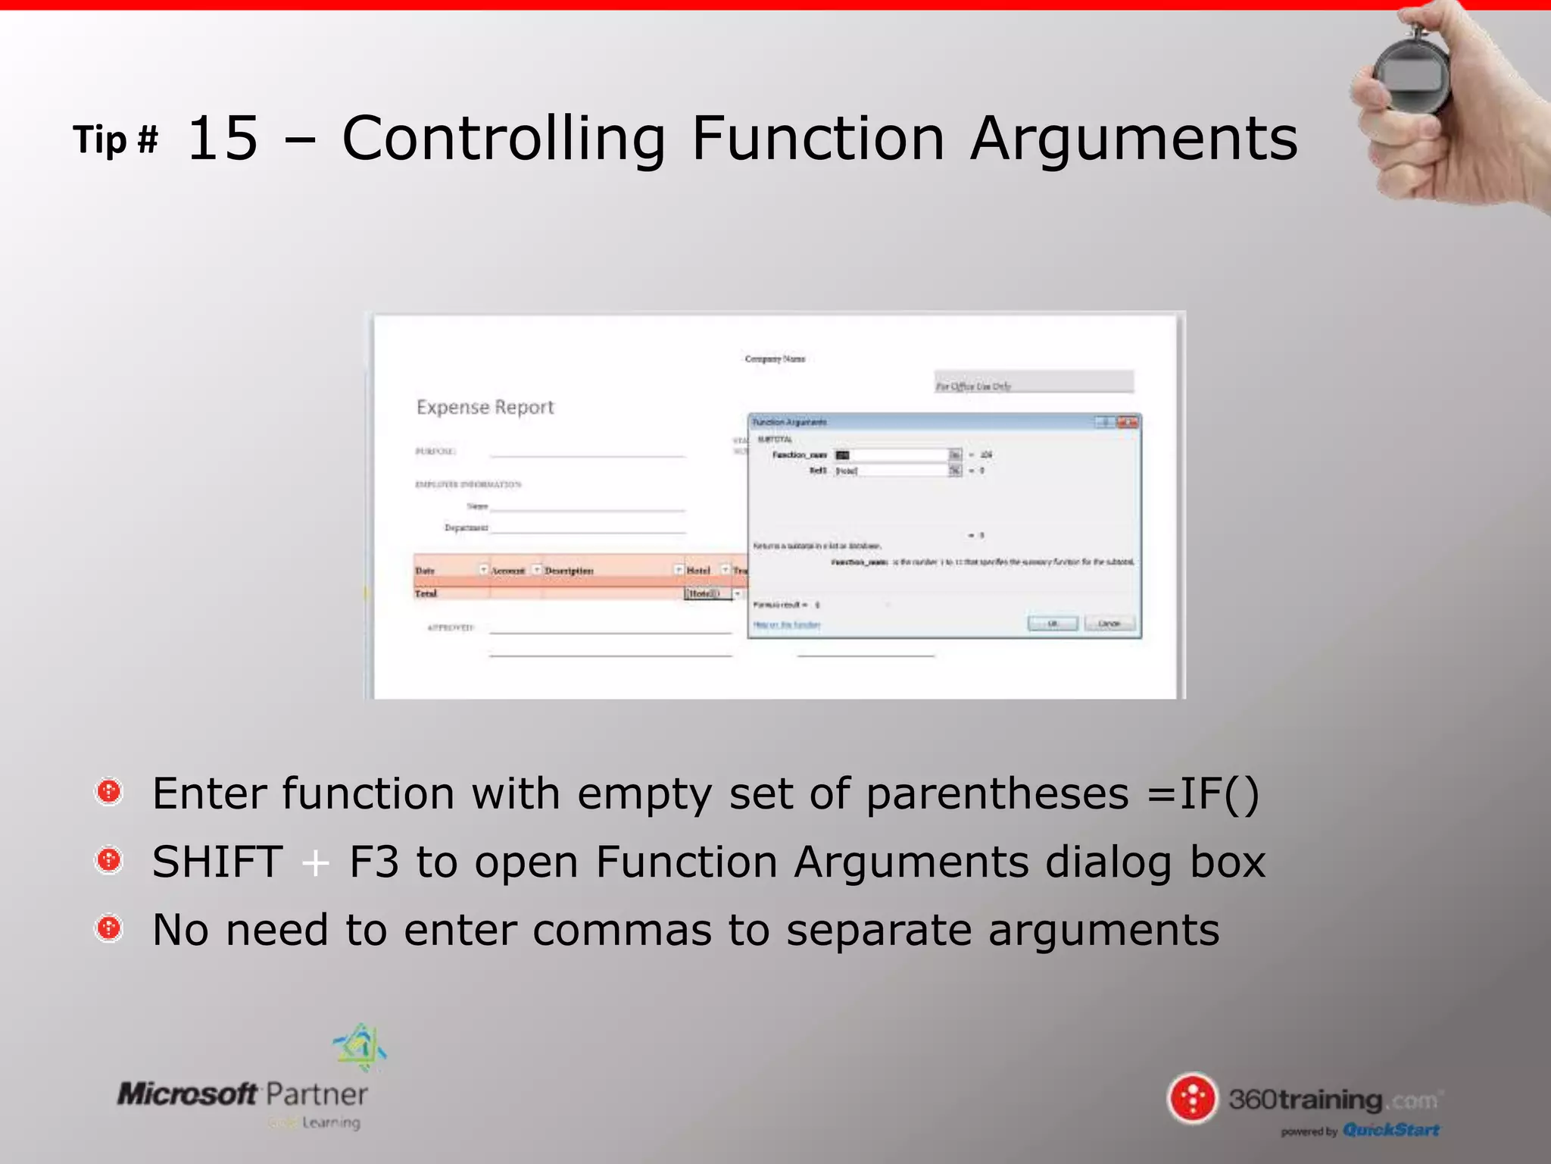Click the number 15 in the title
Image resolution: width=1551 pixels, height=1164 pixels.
tap(223, 139)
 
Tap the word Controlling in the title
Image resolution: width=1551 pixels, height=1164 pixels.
tap(504, 139)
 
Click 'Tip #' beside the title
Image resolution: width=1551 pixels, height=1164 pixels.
tap(116, 140)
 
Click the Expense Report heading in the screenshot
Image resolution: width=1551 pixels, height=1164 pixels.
tap(485, 407)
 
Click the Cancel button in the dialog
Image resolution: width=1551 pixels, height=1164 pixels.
tap(1109, 624)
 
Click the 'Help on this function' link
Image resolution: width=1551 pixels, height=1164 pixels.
tap(787, 625)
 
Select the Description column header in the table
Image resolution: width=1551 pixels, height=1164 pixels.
tap(570, 571)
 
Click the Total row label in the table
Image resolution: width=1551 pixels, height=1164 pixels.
tap(426, 593)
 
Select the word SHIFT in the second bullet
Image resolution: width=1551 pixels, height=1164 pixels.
tap(217, 862)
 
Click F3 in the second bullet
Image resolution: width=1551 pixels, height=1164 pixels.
tap(373, 862)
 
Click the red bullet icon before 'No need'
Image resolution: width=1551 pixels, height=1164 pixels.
tap(110, 927)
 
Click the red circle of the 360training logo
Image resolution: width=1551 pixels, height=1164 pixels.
tap(1193, 1098)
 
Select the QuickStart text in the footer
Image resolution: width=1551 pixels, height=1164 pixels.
tap(1391, 1130)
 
